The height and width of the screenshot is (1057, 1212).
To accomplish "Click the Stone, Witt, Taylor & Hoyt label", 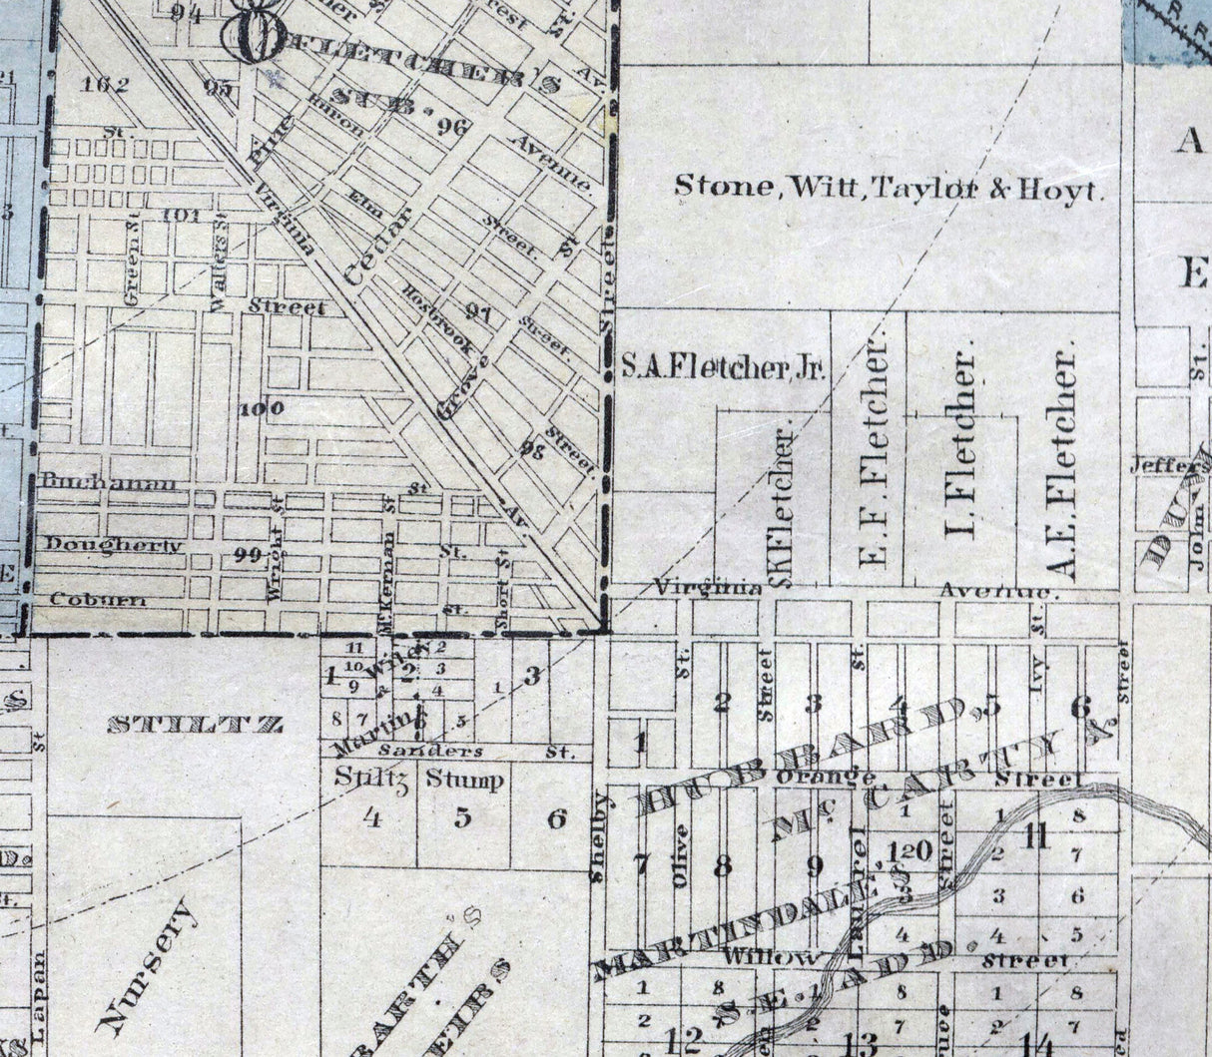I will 889,187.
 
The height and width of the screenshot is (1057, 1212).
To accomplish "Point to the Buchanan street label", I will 111,484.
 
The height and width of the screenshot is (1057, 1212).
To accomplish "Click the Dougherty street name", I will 114,545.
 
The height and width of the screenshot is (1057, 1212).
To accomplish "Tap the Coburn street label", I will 98,600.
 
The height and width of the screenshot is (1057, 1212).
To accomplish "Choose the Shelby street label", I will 599,837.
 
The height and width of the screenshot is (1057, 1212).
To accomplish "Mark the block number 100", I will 262,408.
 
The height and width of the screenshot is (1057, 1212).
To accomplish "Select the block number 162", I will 107,84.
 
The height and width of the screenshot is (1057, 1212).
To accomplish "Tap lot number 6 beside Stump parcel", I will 556,819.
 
